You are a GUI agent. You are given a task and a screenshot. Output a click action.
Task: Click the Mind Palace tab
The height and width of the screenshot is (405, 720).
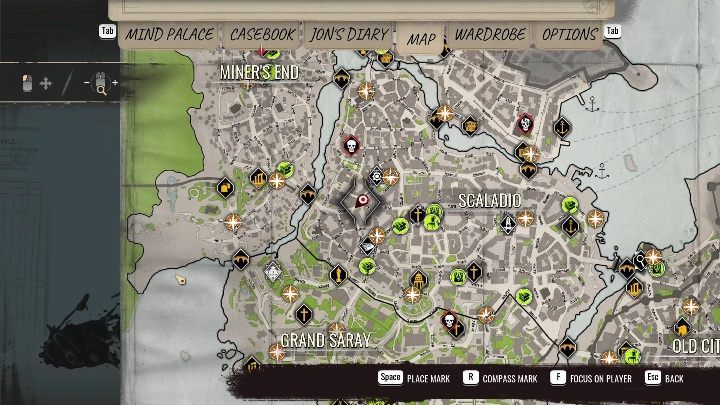pos(169,34)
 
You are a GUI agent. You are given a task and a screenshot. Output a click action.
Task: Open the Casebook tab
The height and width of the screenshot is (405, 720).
pos(262,34)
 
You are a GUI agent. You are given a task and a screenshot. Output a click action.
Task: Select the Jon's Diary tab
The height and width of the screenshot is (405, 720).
pos(348,34)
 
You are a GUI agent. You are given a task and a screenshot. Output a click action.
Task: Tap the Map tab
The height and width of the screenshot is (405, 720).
pos(421,39)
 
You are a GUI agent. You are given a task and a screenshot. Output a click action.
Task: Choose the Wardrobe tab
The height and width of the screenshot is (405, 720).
pos(489,34)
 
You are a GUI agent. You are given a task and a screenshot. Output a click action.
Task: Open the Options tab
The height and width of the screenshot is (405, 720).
pos(569,34)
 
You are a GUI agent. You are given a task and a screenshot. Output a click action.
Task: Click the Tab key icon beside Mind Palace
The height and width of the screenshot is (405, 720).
pos(107,31)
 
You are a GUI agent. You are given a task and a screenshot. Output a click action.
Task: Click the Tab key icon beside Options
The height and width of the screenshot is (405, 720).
pos(613,31)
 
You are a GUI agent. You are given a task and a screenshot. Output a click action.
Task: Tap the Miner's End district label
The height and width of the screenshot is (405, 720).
pos(259,72)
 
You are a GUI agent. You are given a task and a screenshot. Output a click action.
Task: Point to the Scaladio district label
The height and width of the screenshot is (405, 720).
pos(489,201)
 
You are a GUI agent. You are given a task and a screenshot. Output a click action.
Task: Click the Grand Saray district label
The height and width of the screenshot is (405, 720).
pos(325,341)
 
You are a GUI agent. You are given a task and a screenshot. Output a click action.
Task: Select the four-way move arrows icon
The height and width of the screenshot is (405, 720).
pos(46,84)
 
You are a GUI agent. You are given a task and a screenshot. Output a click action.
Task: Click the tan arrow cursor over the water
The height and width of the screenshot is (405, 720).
pos(180,280)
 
